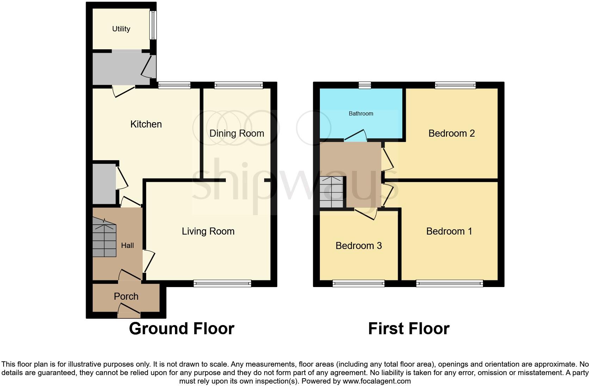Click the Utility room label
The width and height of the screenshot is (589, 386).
point(121,29)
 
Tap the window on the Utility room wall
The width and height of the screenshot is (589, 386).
point(153,25)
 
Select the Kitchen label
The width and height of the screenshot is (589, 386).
point(146,124)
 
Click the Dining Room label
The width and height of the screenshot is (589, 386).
point(236,133)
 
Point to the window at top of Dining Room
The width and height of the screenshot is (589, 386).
point(238,85)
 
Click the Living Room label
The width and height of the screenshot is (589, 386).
point(208,231)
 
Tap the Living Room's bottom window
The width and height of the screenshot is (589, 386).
point(222,283)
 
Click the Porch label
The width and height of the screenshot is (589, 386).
point(126,296)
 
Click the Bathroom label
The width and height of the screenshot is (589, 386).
point(361,113)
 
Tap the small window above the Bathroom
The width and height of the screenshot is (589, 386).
point(365,85)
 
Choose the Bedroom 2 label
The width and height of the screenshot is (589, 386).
point(451,133)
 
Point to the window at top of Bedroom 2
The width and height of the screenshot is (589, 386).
point(455,85)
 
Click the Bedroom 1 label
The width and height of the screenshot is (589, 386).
point(449,231)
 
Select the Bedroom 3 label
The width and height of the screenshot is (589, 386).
point(358,245)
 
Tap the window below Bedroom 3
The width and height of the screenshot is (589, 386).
point(359,283)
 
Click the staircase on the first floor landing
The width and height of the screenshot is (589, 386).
point(331,192)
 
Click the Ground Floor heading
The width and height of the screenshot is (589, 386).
point(181,328)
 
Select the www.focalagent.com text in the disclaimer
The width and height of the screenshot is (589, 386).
point(377,381)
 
